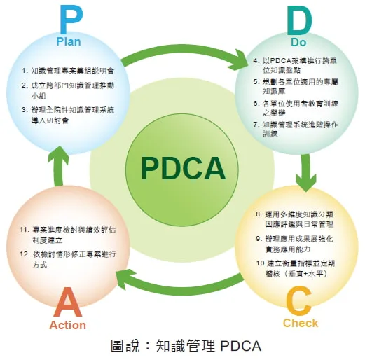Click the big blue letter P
pos(71,19)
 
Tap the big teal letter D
pos(299,20)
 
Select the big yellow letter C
pos(299,300)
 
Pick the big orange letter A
pos(68,302)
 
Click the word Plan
pos(69,41)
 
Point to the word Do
pos(298,42)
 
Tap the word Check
pos(301,324)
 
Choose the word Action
pos(68,325)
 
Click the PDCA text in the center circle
pos(183,169)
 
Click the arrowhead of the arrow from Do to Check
pos(306,182)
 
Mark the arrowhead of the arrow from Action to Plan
pos(58,155)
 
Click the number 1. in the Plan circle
pos(25,71)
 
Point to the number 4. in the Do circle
pos(256,60)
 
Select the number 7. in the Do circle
pos(256,125)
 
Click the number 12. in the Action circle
pos(25,254)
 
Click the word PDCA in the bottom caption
pos(241,346)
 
